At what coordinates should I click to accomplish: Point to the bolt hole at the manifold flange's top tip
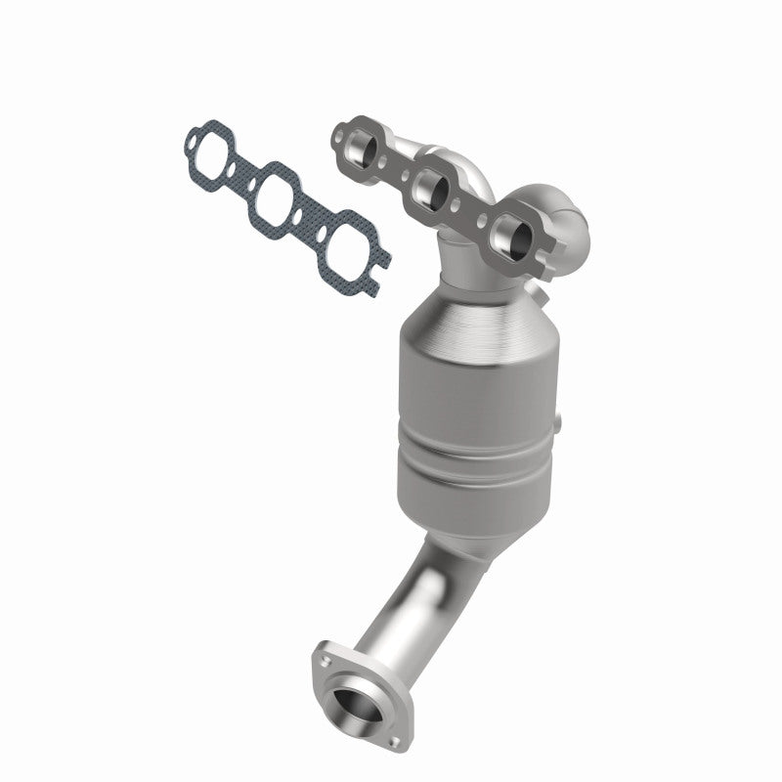pyautogui.click(x=342, y=131)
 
